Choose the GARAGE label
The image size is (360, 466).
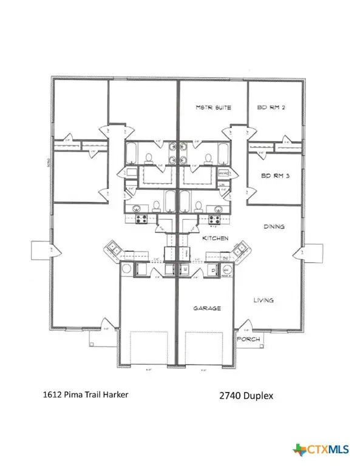pyautogui.click(x=207, y=308)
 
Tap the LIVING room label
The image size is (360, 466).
pyautogui.click(x=263, y=300)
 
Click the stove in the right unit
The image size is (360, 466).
pyautogui.click(x=214, y=218)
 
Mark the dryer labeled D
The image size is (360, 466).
pyautogui.click(x=213, y=269)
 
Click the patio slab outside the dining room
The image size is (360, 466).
pyautogui.click(x=316, y=252)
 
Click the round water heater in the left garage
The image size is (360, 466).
pyautogui.click(x=127, y=269)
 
